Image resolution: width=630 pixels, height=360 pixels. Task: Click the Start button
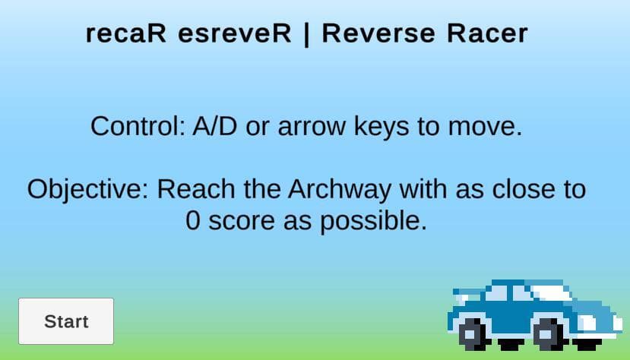pos(66,321)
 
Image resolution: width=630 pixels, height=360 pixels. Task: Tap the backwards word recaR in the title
pos(125,33)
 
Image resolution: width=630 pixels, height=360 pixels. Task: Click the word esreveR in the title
pos(235,33)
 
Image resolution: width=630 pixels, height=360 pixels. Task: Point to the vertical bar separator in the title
pos(306,34)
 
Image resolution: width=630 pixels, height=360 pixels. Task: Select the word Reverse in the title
pos(378,33)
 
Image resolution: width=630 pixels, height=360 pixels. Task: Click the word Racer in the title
pos(487,33)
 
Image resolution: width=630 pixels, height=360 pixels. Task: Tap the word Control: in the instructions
pos(138,126)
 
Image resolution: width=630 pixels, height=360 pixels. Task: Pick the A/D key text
pos(215,126)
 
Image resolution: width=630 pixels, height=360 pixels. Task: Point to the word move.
pos(485,127)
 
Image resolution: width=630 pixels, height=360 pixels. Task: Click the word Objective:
pos(88,190)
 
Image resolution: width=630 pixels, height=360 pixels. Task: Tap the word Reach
pos(196,188)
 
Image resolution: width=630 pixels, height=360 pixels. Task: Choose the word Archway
pos(340,190)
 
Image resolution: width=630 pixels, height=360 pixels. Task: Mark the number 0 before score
pos(193,221)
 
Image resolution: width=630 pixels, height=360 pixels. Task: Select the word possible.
pos(373,222)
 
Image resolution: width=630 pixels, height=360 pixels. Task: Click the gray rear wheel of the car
pos(473,333)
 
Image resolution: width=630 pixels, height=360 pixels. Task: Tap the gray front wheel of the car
pos(548,333)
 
